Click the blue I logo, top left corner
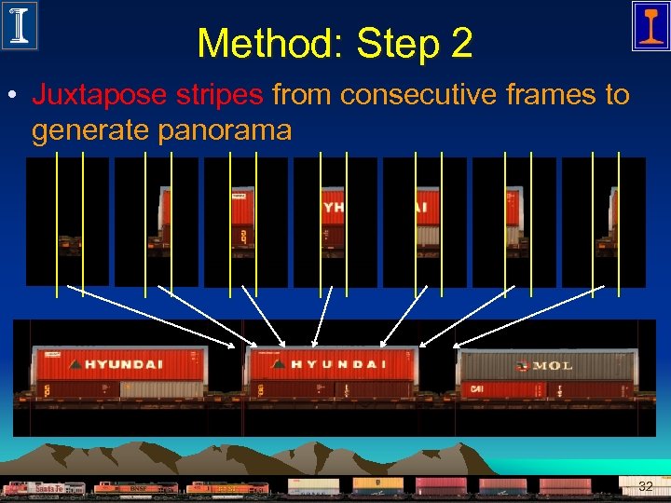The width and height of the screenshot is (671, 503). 19,25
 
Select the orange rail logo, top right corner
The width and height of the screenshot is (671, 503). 650,25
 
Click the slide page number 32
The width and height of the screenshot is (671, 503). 645,486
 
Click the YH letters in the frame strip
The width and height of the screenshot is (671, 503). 333,207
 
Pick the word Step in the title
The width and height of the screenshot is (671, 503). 388,43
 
